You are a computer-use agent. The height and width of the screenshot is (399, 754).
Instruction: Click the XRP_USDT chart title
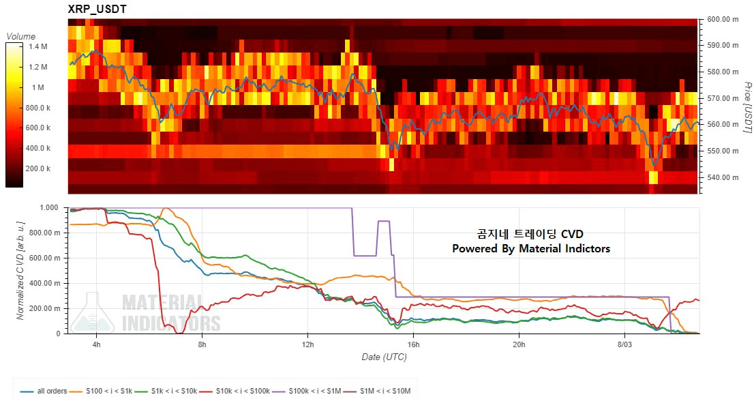click(97, 9)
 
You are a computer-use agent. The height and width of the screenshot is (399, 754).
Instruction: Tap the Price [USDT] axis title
click(746, 106)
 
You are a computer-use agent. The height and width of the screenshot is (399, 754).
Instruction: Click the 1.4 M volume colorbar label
click(38, 46)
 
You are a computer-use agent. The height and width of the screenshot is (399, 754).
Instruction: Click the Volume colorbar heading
click(21, 36)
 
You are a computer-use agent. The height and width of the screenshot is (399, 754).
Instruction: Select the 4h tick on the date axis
click(96, 344)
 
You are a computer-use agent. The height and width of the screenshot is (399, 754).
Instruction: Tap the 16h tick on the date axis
click(413, 344)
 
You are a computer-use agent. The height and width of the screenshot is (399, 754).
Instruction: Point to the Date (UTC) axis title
click(384, 357)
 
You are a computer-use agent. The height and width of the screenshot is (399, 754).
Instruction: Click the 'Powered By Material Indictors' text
click(531, 249)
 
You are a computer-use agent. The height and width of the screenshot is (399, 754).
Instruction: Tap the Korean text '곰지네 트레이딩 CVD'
click(531, 235)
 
